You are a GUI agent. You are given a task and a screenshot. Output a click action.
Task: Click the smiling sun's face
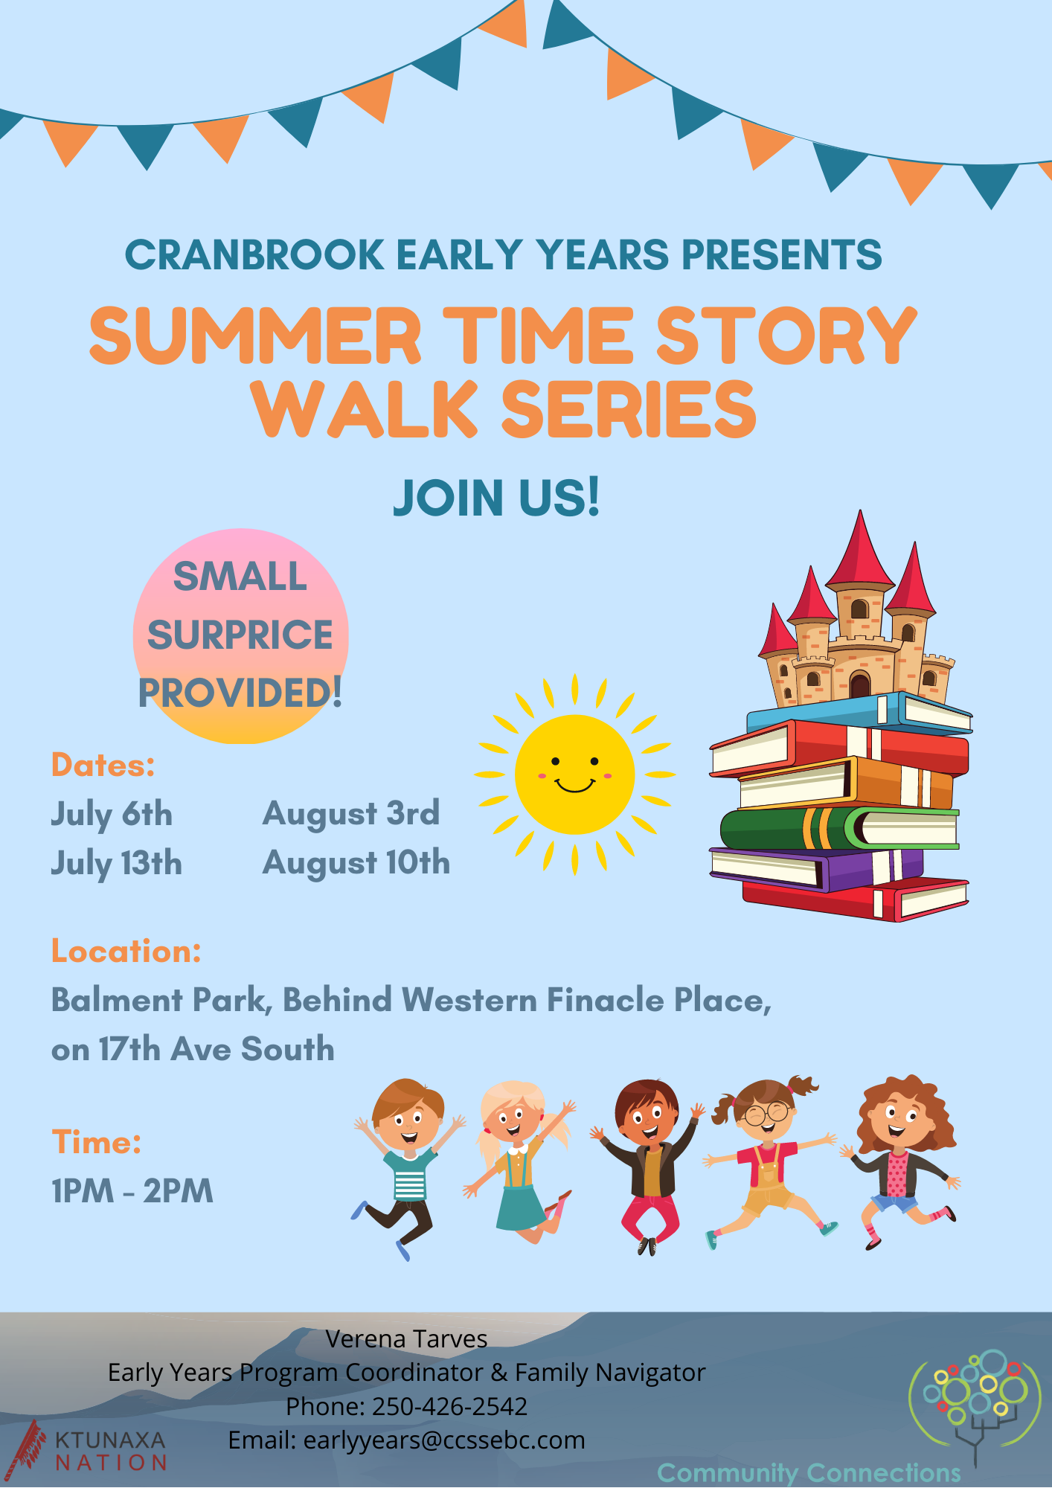[x=574, y=775]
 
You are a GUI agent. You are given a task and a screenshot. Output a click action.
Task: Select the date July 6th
[x=112, y=815]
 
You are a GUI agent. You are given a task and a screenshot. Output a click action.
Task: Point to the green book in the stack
[x=839, y=828]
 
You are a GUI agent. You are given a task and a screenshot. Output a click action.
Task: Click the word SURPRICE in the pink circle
[x=240, y=635]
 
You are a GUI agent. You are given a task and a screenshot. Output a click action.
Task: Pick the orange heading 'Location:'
[x=126, y=951]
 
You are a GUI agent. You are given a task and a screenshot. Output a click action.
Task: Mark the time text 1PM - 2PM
[x=132, y=1191]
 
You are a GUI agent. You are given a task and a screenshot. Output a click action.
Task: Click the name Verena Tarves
[x=406, y=1339]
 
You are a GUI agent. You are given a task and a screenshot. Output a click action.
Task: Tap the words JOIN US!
[x=496, y=498]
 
